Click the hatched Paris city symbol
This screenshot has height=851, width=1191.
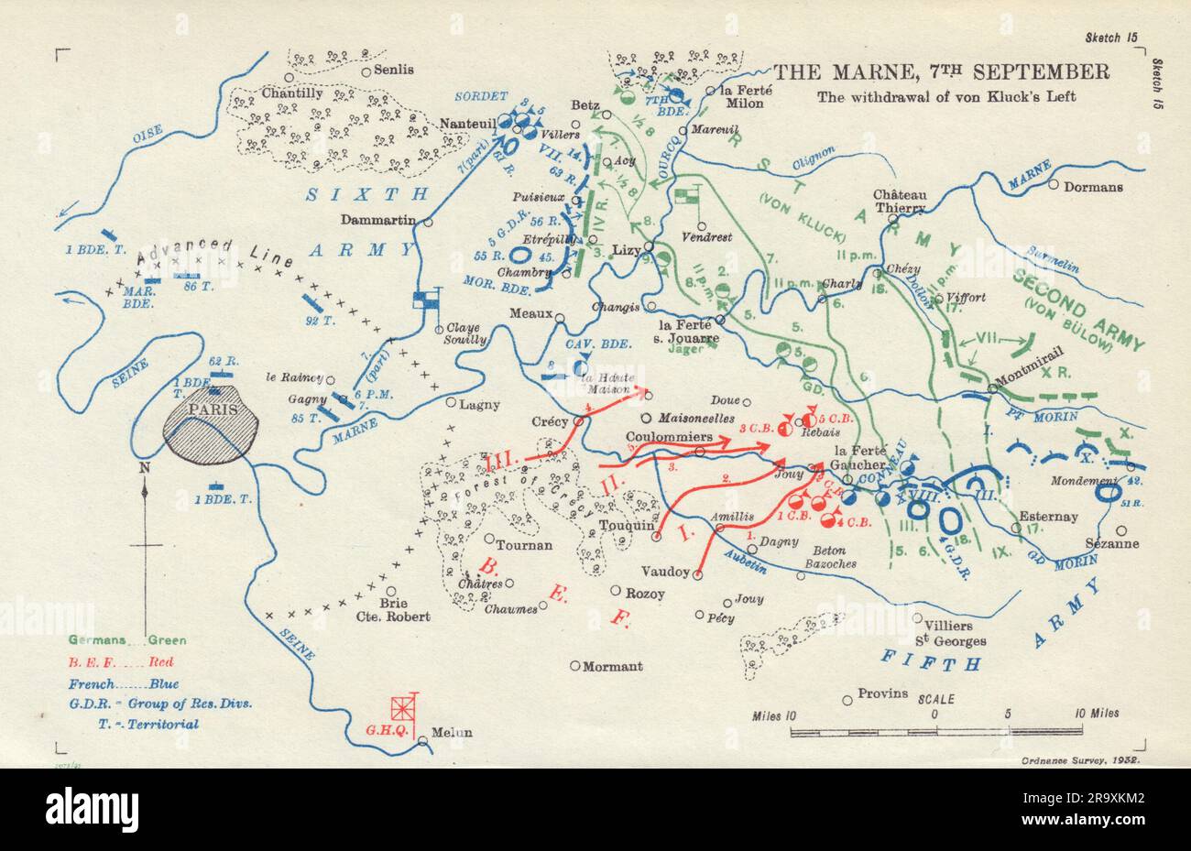click(x=212, y=422)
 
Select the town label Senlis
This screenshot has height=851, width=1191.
click(x=394, y=70)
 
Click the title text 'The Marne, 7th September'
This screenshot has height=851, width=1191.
click(x=942, y=72)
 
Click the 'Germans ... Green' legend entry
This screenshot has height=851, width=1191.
click(x=115, y=639)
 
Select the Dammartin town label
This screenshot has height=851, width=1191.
click(x=377, y=219)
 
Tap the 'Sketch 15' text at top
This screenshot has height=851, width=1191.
click(x=1109, y=12)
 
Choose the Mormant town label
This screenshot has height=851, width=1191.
click(x=613, y=666)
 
